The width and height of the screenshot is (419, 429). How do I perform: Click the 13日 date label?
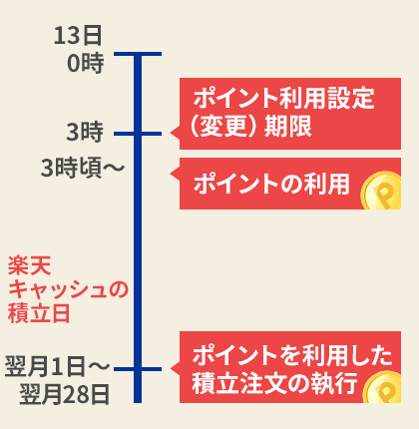[78, 36]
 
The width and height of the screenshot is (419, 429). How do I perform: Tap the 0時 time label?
[86, 63]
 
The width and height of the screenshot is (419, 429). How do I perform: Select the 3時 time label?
[85, 132]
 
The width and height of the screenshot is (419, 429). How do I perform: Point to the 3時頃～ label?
[83, 168]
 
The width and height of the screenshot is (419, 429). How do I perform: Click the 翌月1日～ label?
[57, 366]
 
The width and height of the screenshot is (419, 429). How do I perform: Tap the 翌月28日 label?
[65, 394]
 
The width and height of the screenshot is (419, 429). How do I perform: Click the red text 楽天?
[30, 265]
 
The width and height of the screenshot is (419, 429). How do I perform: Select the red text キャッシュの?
[68, 289]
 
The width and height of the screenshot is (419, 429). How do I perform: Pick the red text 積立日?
[39, 313]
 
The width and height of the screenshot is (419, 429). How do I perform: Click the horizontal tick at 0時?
[138, 54]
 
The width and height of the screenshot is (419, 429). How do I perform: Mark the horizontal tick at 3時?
[138, 134]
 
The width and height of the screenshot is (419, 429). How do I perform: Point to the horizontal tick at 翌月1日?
[138, 369]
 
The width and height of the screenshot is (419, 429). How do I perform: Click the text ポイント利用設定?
[284, 98]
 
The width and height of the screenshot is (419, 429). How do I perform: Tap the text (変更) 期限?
[251, 127]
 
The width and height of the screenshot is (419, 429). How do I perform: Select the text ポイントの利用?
[271, 184]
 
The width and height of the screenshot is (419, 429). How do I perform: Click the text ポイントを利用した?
[292, 355]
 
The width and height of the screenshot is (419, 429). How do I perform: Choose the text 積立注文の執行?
[274, 383]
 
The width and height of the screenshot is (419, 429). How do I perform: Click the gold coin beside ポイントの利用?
[381, 191]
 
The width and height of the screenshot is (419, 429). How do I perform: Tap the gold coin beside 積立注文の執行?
[382, 388]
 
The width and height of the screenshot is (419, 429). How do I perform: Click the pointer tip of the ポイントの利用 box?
[171, 173]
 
